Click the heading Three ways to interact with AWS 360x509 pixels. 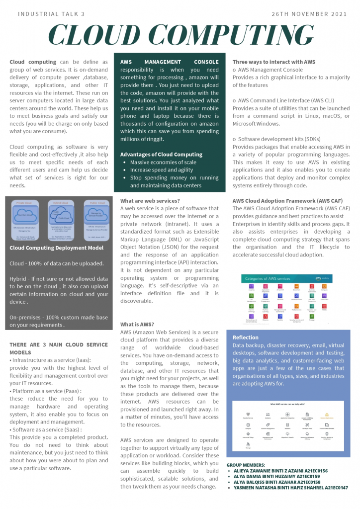274,62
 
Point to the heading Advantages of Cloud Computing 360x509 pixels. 161,155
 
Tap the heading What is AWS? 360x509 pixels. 137,324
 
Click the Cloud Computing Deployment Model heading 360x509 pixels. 57,248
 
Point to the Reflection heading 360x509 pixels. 246,338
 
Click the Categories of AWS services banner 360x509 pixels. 268,279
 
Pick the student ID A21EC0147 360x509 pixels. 331,488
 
